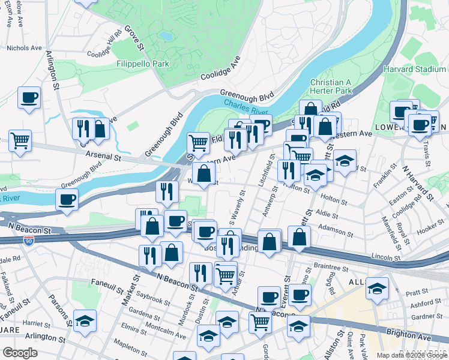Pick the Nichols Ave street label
[x=24, y=47]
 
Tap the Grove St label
[x=135, y=37]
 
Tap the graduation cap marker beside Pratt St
[x=377, y=289]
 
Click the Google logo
[x=20, y=353]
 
